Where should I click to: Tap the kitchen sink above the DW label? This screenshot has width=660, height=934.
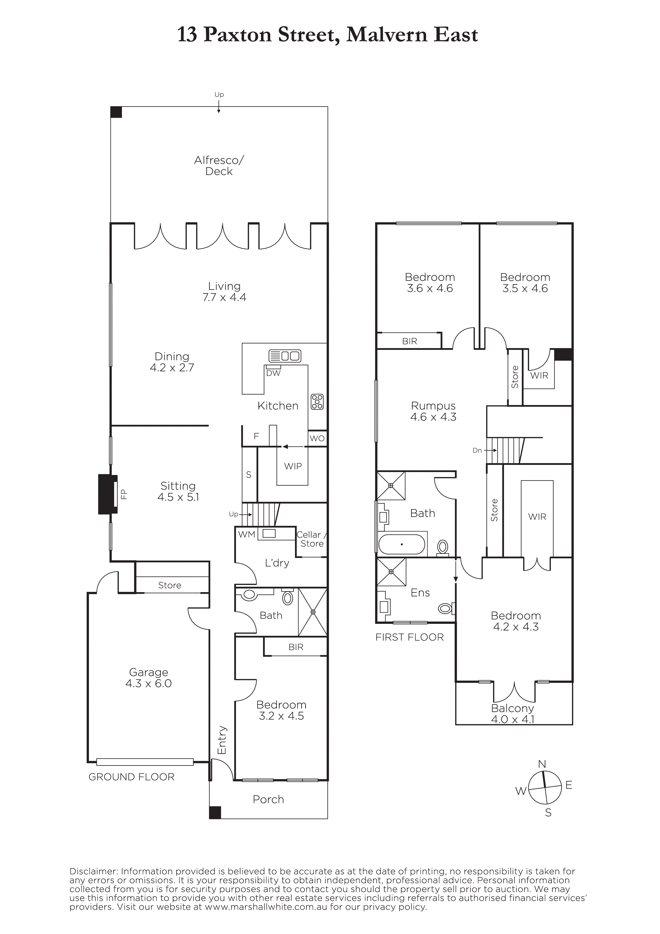(285, 356)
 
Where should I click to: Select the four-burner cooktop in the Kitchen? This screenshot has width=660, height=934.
(317, 402)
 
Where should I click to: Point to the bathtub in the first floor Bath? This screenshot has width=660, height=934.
(401, 544)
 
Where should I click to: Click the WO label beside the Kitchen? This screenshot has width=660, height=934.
(317, 438)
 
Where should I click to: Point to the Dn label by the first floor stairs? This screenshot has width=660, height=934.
(477, 450)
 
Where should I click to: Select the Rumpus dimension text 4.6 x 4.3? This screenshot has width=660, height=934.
(433, 417)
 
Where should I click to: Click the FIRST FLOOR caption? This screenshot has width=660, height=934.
(409, 637)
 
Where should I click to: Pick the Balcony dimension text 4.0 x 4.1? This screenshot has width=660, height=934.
(513, 719)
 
